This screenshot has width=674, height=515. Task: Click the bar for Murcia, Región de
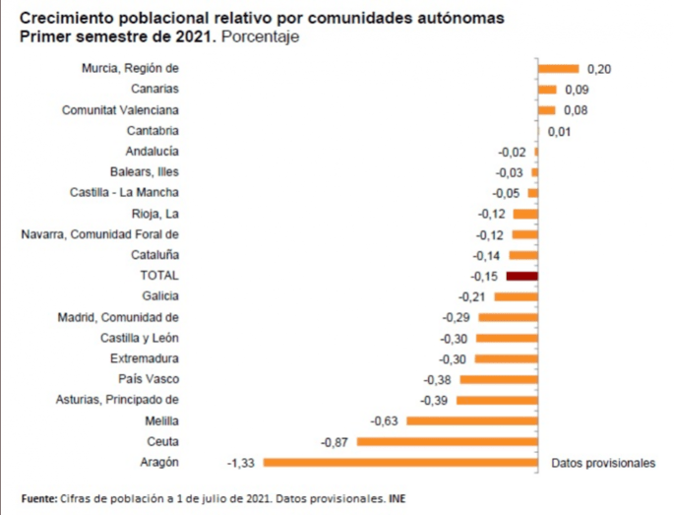(559, 69)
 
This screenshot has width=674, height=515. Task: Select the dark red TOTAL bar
(522, 276)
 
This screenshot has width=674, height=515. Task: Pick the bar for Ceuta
(448, 441)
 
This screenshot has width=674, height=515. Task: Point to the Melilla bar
(472, 420)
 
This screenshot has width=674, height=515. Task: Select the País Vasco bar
(499, 379)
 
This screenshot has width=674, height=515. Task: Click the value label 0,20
(598, 69)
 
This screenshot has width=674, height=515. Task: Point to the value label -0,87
(336, 441)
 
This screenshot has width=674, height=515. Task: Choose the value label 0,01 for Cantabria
(559, 131)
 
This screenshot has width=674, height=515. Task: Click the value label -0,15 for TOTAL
(486, 276)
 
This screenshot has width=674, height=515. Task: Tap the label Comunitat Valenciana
(120, 110)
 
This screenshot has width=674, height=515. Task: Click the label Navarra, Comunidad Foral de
(100, 234)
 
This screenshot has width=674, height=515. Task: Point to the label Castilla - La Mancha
(125, 193)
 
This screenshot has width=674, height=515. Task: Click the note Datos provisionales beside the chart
(602, 462)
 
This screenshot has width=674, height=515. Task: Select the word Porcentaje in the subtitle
(260, 36)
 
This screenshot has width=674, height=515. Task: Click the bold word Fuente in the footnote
(38, 498)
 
